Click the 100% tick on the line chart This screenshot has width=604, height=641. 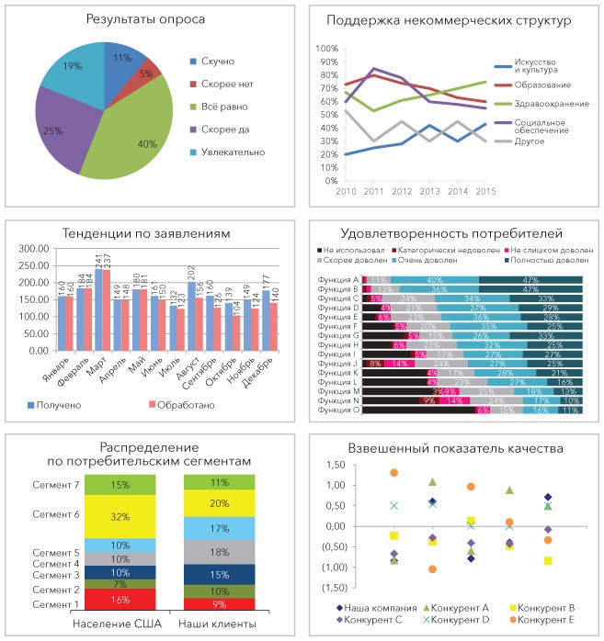pos(327,49)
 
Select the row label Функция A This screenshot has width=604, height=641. pos(337,280)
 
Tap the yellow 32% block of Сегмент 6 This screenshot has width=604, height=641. pos(119,517)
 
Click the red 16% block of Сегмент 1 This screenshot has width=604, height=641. pos(119,600)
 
